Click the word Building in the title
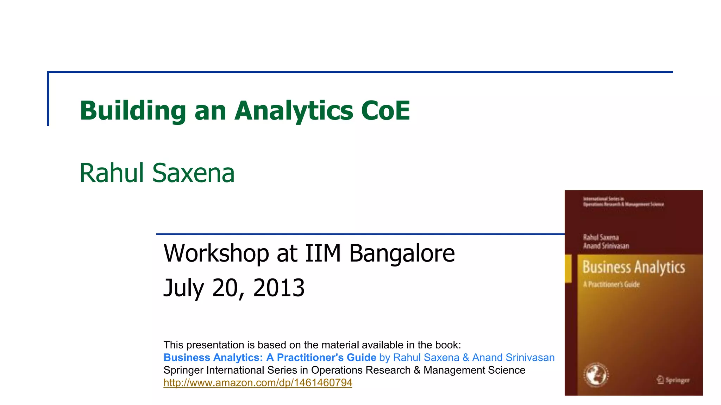133,111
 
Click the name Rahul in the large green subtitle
112,173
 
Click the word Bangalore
402,253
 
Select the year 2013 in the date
279,288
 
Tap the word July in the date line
183,288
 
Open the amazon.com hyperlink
258,382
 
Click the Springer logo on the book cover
673,380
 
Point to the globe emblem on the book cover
596,375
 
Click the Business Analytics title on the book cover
634,267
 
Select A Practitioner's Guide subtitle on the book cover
611,284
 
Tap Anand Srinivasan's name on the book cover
606,246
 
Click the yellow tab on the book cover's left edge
568,268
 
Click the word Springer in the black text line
183,370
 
